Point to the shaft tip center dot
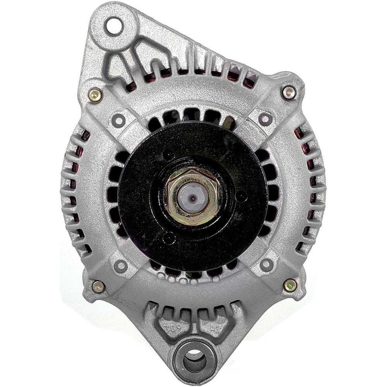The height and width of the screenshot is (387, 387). point(193,199)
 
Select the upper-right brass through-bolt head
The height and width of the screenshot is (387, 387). point(289,92)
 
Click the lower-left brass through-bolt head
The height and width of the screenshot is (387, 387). point(98,287)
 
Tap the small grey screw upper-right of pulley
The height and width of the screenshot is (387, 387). point(264,119)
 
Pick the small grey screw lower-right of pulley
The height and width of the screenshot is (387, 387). point(265,264)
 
